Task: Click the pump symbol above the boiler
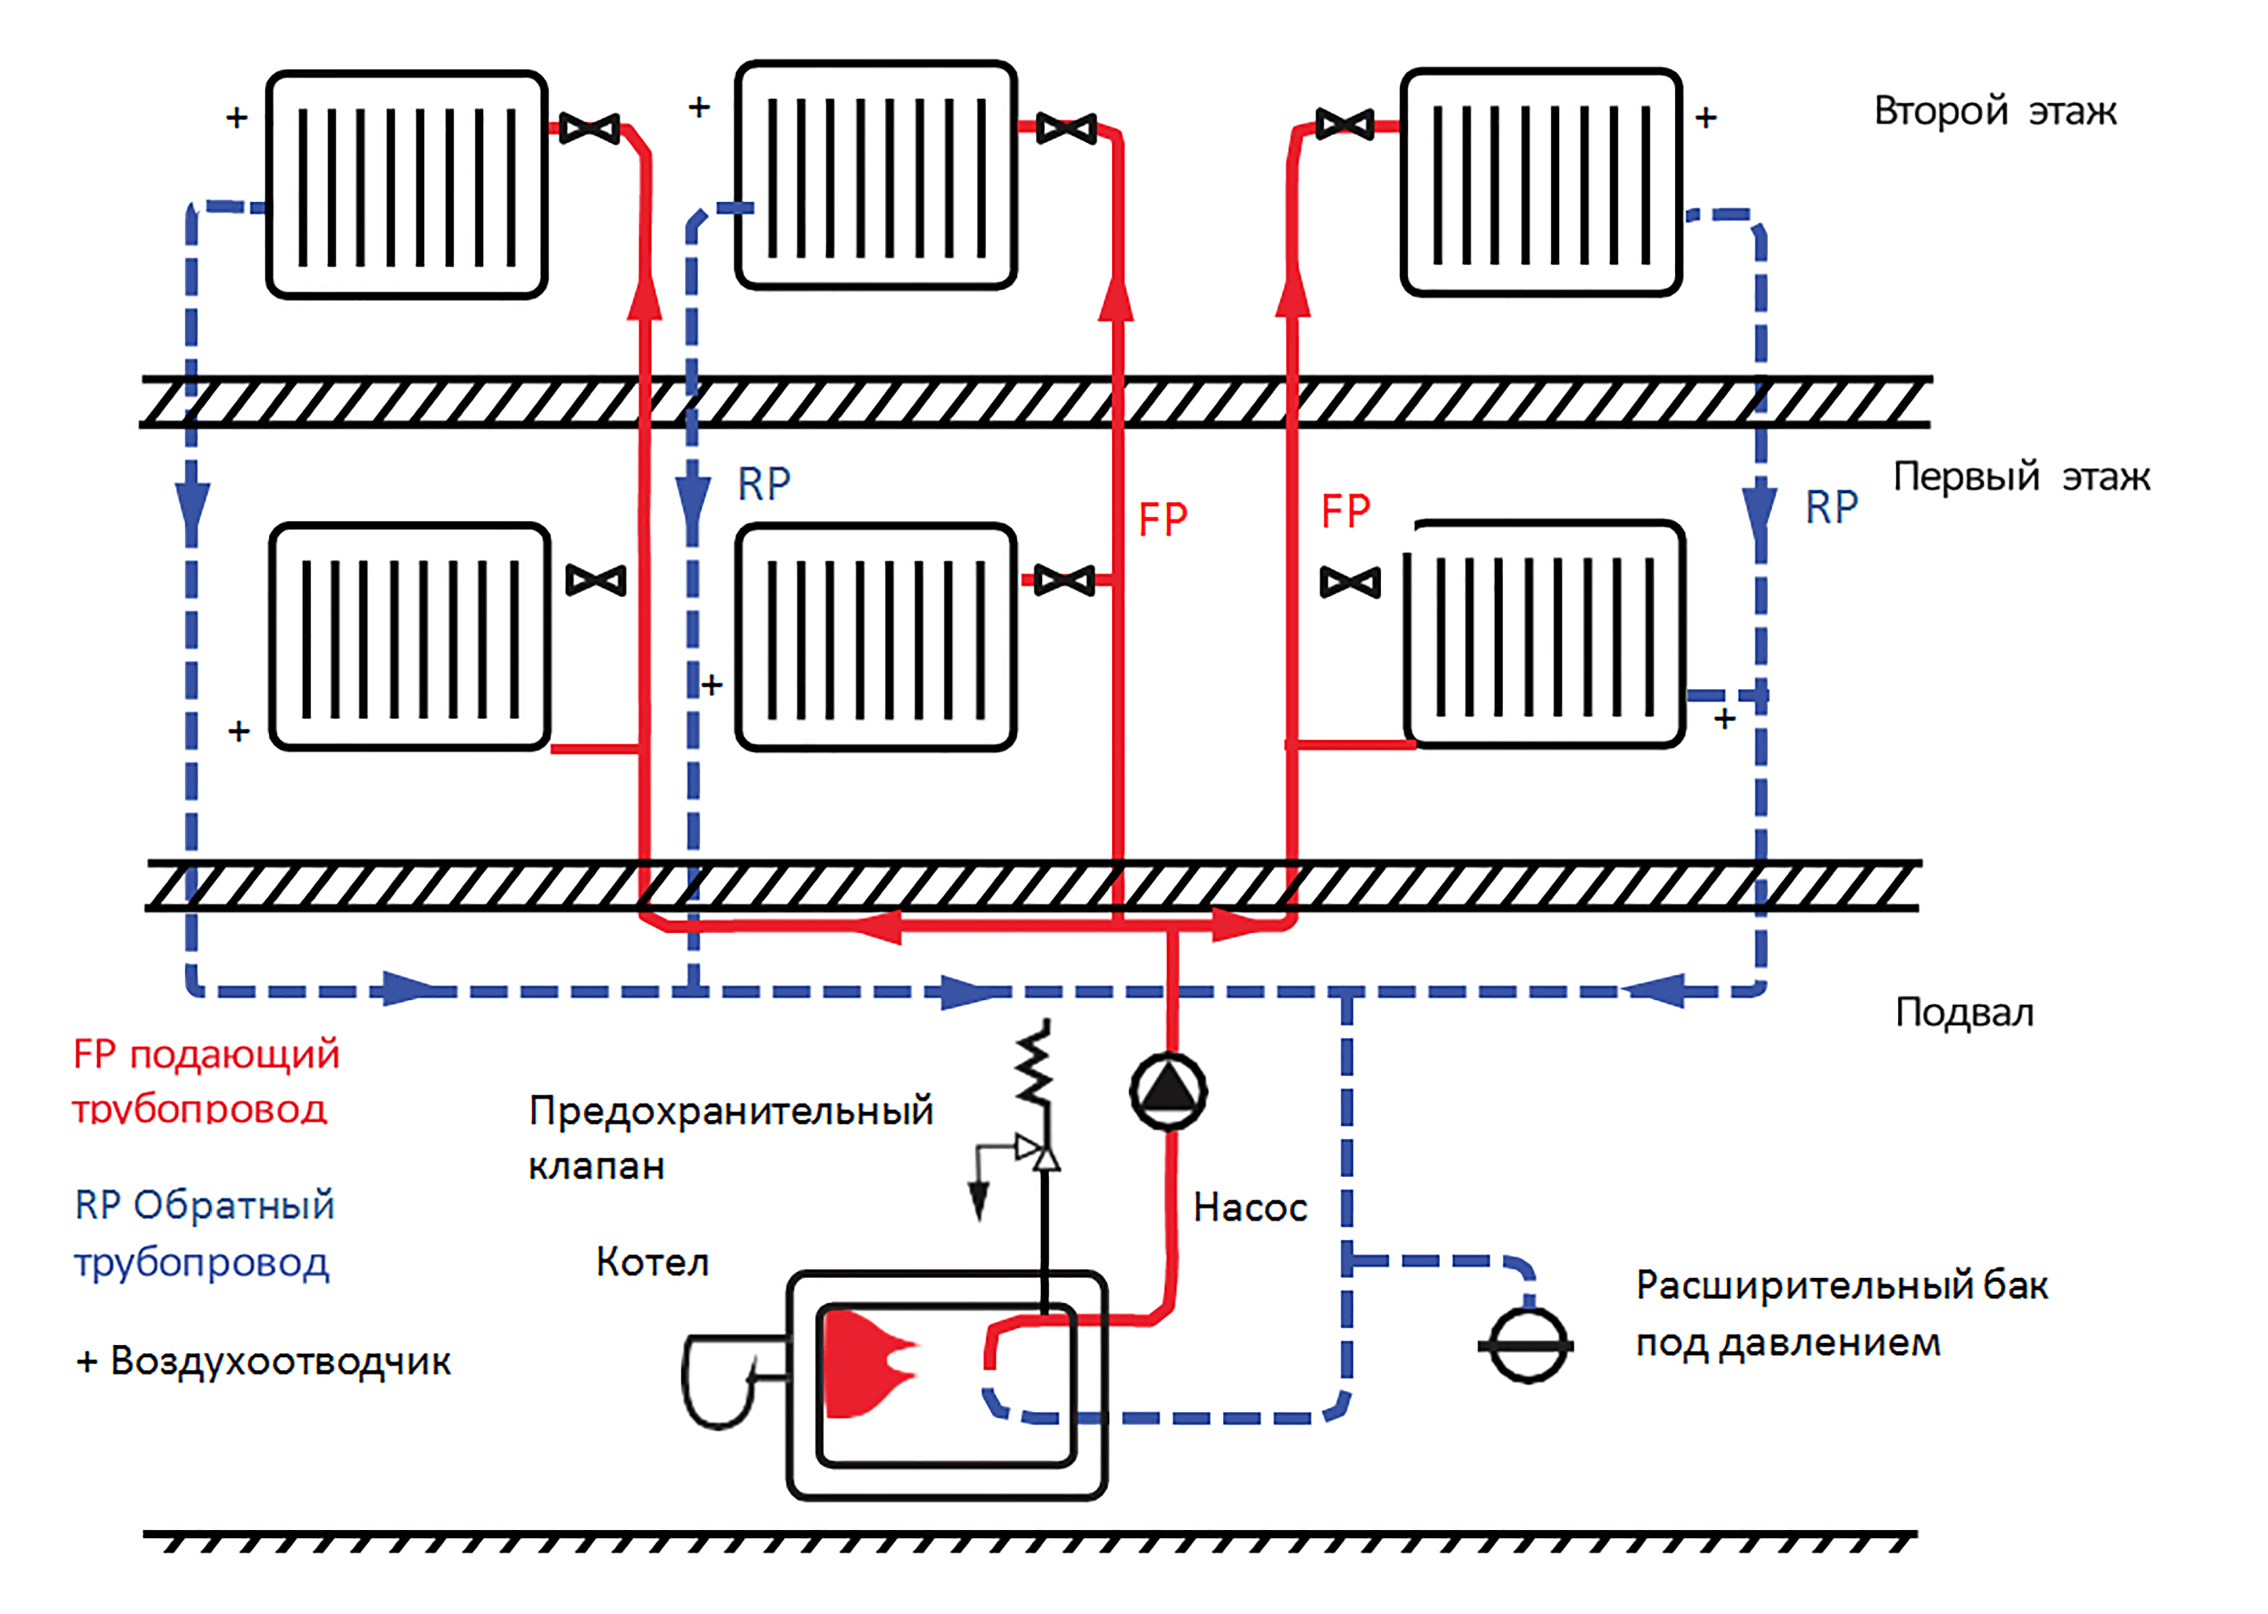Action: pyautogui.click(x=1169, y=1091)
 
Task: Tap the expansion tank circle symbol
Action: pyautogui.click(x=1527, y=1347)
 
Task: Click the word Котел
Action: pyautogui.click(x=652, y=1262)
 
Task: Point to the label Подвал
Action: pyautogui.click(x=1964, y=1013)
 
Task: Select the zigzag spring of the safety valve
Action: pyautogui.click(x=1035, y=1061)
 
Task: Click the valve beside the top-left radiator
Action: pyautogui.click(x=589, y=128)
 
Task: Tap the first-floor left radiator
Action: pyautogui.click(x=410, y=636)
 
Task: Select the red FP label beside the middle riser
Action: pyautogui.click(x=1163, y=519)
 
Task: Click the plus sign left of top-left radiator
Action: pyautogui.click(x=237, y=118)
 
